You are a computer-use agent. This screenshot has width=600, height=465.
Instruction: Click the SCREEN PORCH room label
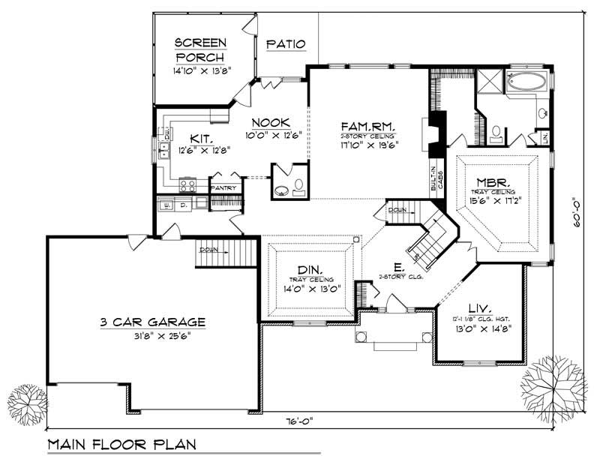point(200,49)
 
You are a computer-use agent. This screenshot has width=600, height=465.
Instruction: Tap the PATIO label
point(286,44)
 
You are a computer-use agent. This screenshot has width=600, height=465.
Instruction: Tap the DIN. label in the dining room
point(310,270)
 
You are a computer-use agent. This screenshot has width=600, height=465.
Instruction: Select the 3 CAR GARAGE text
point(153,322)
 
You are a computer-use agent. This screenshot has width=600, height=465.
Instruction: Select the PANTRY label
point(223,187)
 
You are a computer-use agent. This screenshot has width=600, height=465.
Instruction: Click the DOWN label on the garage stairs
point(209,250)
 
